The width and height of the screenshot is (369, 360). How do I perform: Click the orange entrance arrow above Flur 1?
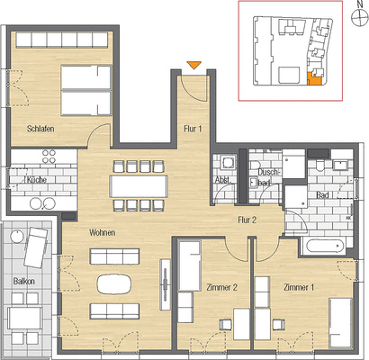point(193,65)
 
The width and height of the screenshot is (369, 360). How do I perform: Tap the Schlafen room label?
point(40,129)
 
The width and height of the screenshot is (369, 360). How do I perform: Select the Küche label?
point(36,180)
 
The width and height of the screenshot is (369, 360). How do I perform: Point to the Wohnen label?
point(102,232)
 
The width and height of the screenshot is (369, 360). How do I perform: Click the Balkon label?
point(24,282)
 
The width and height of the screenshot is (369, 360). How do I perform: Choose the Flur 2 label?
point(247,220)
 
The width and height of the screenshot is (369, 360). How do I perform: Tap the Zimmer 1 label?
point(299,287)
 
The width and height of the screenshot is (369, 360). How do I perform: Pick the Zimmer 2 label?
point(222,287)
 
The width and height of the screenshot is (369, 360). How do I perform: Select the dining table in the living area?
point(139,186)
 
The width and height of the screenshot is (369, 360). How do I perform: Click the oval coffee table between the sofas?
point(114,283)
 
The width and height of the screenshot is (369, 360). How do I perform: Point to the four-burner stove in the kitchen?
point(49,156)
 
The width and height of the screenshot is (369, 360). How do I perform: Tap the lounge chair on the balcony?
point(36,247)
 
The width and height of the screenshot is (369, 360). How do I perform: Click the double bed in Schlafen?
point(85,90)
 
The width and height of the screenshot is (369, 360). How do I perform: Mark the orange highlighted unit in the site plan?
point(314,78)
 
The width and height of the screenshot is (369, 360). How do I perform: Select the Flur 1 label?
point(193,129)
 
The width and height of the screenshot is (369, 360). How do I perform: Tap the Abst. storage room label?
point(223,180)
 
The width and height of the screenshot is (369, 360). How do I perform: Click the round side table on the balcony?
point(17,236)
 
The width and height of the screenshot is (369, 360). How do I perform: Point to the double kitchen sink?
point(42,203)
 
